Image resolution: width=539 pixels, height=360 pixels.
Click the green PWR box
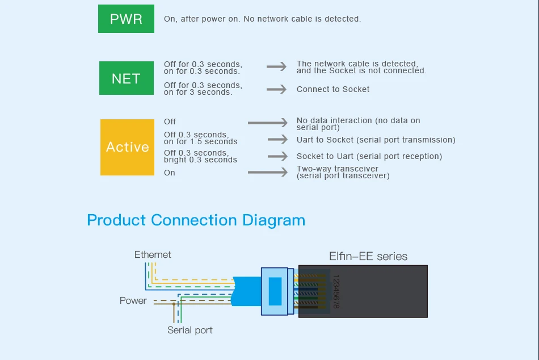tap(126, 19)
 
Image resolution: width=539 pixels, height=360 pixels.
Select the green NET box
tap(127, 78)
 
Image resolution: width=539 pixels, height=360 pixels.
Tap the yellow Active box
tap(127, 147)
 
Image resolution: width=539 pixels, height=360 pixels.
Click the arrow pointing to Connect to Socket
tap(276, 89)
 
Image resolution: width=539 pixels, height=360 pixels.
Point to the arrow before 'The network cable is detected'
tap(276, 66)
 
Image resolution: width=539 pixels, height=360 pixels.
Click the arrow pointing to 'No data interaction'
tap(268, 123)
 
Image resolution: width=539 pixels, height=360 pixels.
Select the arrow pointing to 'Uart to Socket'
tap(278, 139)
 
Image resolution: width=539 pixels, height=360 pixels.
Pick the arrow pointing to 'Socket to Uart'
tap(278, 156)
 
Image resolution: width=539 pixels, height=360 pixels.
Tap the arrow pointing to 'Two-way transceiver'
tap(268, 171)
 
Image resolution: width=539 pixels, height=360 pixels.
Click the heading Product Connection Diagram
tap(196, 220)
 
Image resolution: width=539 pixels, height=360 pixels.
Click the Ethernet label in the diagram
tap(153, 255)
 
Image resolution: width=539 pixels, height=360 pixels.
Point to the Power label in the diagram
tap(133, 300)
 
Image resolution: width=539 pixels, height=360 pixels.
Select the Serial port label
tap(190, 330)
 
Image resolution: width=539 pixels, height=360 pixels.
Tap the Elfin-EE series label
tap(368, 257)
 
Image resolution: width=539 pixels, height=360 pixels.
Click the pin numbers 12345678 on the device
tap(336, 291)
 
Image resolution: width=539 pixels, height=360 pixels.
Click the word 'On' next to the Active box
tap(170, 173)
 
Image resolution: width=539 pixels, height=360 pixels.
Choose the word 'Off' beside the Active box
tap(170, 122)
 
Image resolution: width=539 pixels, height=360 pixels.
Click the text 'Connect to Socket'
tap(332, 89)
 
